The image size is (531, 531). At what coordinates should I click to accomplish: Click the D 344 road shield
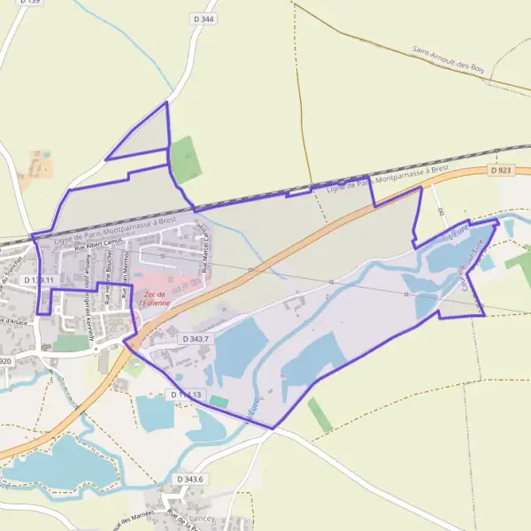point(203,19)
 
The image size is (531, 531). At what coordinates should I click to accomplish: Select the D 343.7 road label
point(196,339)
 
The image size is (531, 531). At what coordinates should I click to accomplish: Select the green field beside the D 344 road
point(186,159)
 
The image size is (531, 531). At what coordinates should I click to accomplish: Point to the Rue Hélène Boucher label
point(108,285)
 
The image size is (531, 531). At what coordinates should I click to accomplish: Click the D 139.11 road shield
point(39,280)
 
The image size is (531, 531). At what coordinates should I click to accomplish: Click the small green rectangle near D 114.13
point(219,402)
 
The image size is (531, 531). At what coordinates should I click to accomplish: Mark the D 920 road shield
point(4,361)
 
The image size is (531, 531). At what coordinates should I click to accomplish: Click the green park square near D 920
point(71,342)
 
